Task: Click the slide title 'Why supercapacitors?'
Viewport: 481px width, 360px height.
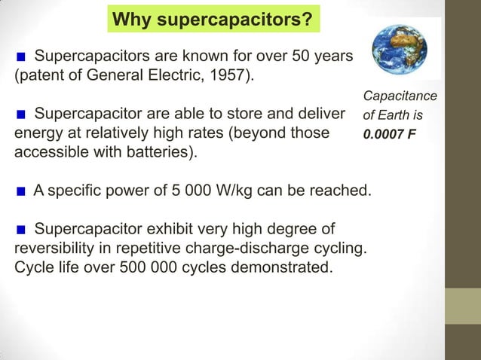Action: [x=214, y=17]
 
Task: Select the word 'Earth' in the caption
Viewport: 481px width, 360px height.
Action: [x=394, y=117]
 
